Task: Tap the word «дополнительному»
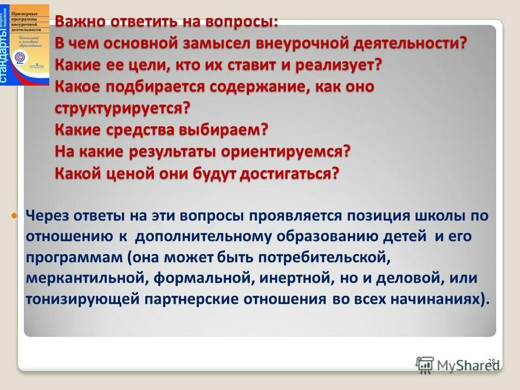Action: [x=204, y=237]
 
